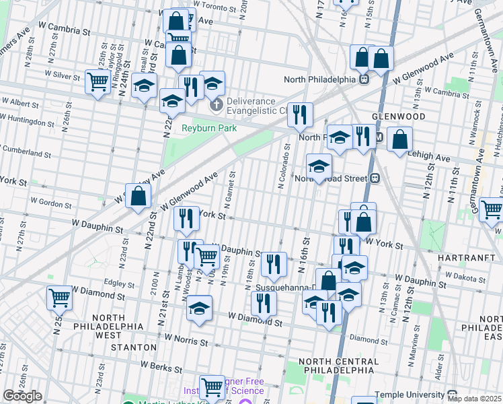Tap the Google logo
[22, 396]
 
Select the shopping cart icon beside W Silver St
[98, 82]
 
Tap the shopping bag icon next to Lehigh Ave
[399, 140]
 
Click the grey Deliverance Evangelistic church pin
[216, 105]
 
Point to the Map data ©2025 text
[475, 398]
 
